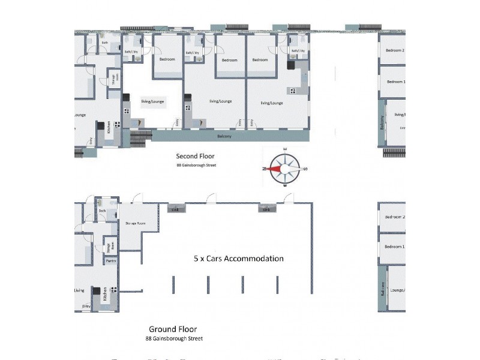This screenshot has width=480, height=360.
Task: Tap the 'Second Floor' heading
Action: tap(195, 155)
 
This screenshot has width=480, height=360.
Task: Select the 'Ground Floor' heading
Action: tap(172, 329)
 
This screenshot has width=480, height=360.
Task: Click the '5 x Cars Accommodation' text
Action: tap(238, 259)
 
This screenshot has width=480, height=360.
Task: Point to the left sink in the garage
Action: tap(175, 209)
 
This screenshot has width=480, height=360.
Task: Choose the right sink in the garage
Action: tap(267, 209)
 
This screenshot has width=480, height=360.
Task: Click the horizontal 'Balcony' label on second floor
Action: tap(223, 136)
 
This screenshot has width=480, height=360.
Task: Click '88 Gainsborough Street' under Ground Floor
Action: tap(174, 339)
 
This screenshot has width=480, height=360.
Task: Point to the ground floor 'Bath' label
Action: tap(103, 211)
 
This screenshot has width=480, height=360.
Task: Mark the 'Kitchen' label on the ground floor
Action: tap(104, 294)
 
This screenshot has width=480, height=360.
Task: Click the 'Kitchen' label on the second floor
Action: tap(109, 127)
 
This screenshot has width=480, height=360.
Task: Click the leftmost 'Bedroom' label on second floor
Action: tap(167, 59)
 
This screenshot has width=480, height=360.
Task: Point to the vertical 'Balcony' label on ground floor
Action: tap(382, 290)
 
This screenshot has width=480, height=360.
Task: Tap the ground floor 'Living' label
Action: tap(79, 290)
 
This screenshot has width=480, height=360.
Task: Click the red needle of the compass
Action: tap(275, 169)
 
